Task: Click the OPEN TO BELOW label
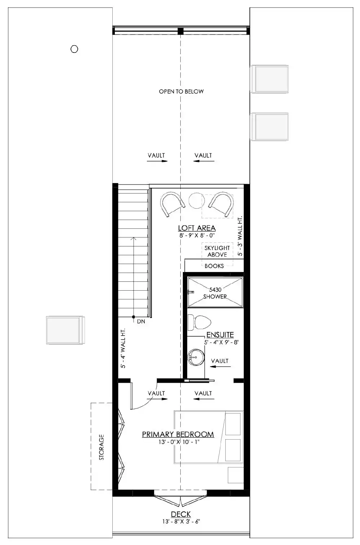click(x=181, y=91)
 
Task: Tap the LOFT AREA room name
click(x=197, y=228)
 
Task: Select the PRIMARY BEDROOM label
click(x=178, y=434)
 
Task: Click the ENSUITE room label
click(x=220, y=335)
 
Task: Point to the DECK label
click(x=181, y=514)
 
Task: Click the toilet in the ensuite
click(x=199, y=322)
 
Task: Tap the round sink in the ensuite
click(x=195, y=357)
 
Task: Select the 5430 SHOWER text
click(x=215, y=293)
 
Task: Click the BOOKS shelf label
click(x=214, y=266)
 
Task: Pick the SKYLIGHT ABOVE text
click(x=217, y=251)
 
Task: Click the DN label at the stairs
click(x=141, y=322)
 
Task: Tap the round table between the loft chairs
click(x=197, y=201)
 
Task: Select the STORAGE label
click(x=102, y=447)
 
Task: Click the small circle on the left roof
click(x=74, y=49)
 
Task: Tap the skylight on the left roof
click(x=64, y=330)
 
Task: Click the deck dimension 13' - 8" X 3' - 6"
click(x=181, y=521)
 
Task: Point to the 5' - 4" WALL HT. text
click(x=123, y=348)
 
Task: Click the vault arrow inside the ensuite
click(x=218, y=367)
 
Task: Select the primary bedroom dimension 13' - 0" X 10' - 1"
click(x=178, y=442)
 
